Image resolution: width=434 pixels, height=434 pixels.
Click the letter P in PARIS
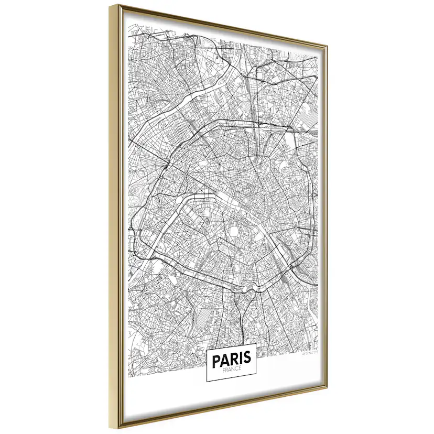[215, 359]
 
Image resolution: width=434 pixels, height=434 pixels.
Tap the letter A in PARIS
[224, 359]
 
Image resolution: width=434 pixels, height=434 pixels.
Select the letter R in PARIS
[234, 359]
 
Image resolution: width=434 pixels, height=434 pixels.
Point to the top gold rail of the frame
[220, 25]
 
